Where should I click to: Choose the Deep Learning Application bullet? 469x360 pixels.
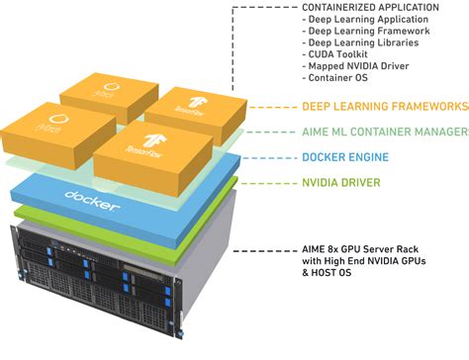365,20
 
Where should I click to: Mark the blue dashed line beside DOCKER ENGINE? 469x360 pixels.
268,156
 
